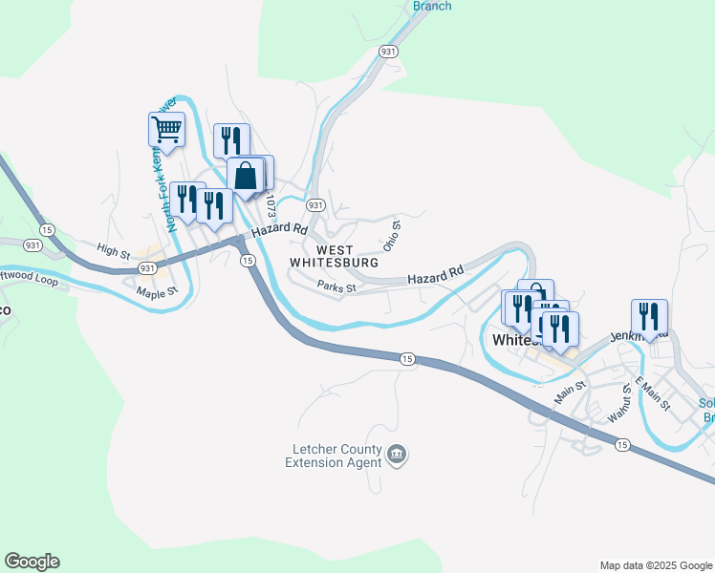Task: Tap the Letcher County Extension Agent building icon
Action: tap(398, 456)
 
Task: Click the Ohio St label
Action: tap(391, 233)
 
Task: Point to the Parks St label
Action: tap(336, 286)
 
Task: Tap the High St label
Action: tap(113, 252)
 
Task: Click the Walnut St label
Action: tap(617, 404)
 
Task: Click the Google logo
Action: tap(32, 562)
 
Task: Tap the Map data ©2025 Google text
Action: tap(655, 565)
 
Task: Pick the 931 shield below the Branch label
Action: tap(388, 53)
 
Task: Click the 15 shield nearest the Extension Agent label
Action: tap(407, 358)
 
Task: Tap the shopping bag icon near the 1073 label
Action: tap(246, 176)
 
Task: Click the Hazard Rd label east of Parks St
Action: tap(435, 274)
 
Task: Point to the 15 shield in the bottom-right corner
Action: tap(622, 444)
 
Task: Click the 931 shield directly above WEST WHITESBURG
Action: tap(314, 205)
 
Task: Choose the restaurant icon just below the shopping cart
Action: tap(231, 141)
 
